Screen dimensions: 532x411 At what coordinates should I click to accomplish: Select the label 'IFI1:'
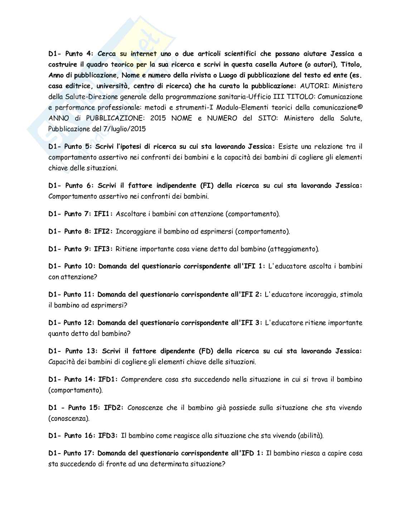pos(103,214)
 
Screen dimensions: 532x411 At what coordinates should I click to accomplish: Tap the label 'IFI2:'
pos(103,231)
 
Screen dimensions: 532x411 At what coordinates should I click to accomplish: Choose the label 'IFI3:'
pos(103,249)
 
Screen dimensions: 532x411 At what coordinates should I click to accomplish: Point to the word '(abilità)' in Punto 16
pos(310,436)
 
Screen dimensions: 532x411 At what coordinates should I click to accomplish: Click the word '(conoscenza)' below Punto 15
pos(69,418)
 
